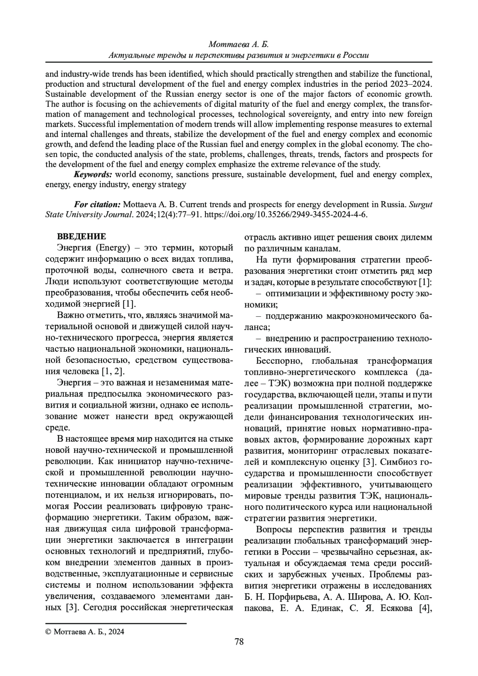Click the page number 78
pyautogui.click(x=239, y=642)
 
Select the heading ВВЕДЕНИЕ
pyautogui.click(x=81, y=237)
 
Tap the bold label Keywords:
pyautogui.click(x=93, y=174)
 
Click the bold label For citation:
pyautogui.click(x=97, y=205)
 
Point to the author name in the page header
pyautogui.click(x=239, y=45)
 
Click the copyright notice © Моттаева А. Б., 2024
pyautogui.click(x=85, y=631)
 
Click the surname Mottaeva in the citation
pyautogui.click(x=141, y=205)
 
